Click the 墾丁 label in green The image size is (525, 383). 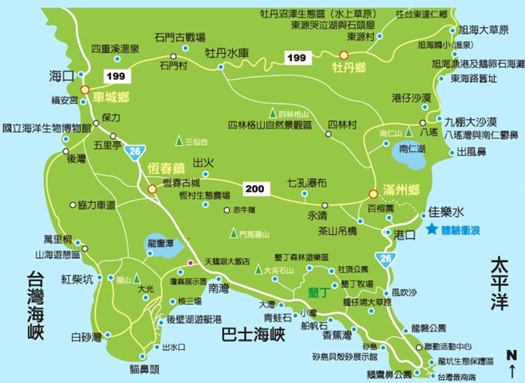pyautogui.click(x=318, y=293)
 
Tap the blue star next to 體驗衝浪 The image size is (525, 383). pyautogui.click(x=431, y=229)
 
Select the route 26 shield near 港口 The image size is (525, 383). pyautogui.click(x=387, y=257)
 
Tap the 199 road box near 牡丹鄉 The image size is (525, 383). pyautogui.click(x=295, y=58)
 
